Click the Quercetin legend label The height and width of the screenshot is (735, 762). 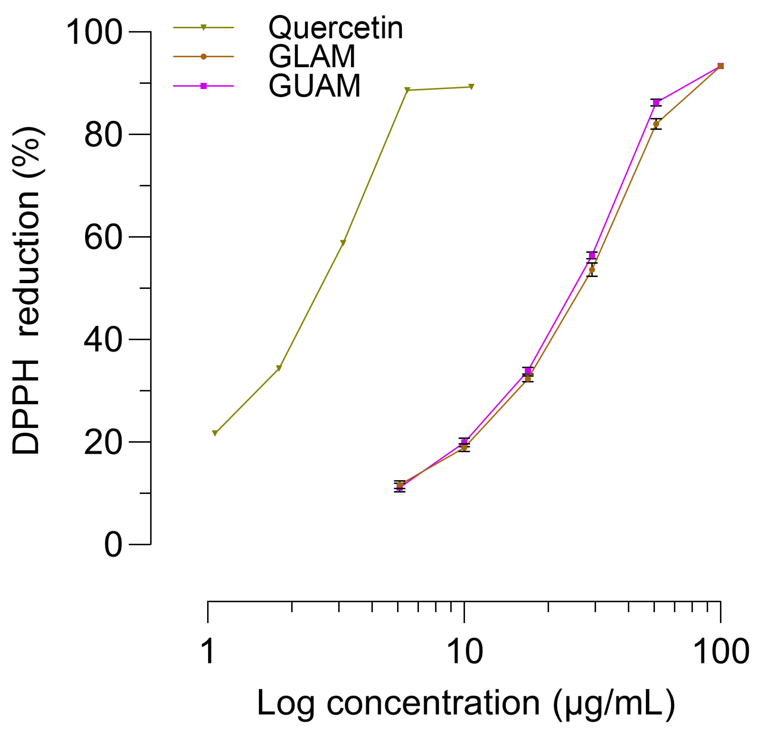336,28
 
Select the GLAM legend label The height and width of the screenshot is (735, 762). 312,57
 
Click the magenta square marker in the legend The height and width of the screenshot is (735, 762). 203,86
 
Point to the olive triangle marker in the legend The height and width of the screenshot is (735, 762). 203,28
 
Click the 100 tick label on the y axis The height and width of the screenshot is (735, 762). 95,32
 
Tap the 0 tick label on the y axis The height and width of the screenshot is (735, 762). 113,545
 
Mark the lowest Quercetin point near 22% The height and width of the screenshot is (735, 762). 215,433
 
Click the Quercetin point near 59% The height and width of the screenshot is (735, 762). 343,243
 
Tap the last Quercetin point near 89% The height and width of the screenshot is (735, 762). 471,87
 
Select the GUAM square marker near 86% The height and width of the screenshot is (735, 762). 656,103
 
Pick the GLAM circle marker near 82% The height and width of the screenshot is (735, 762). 656,124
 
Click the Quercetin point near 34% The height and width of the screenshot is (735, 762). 279,368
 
